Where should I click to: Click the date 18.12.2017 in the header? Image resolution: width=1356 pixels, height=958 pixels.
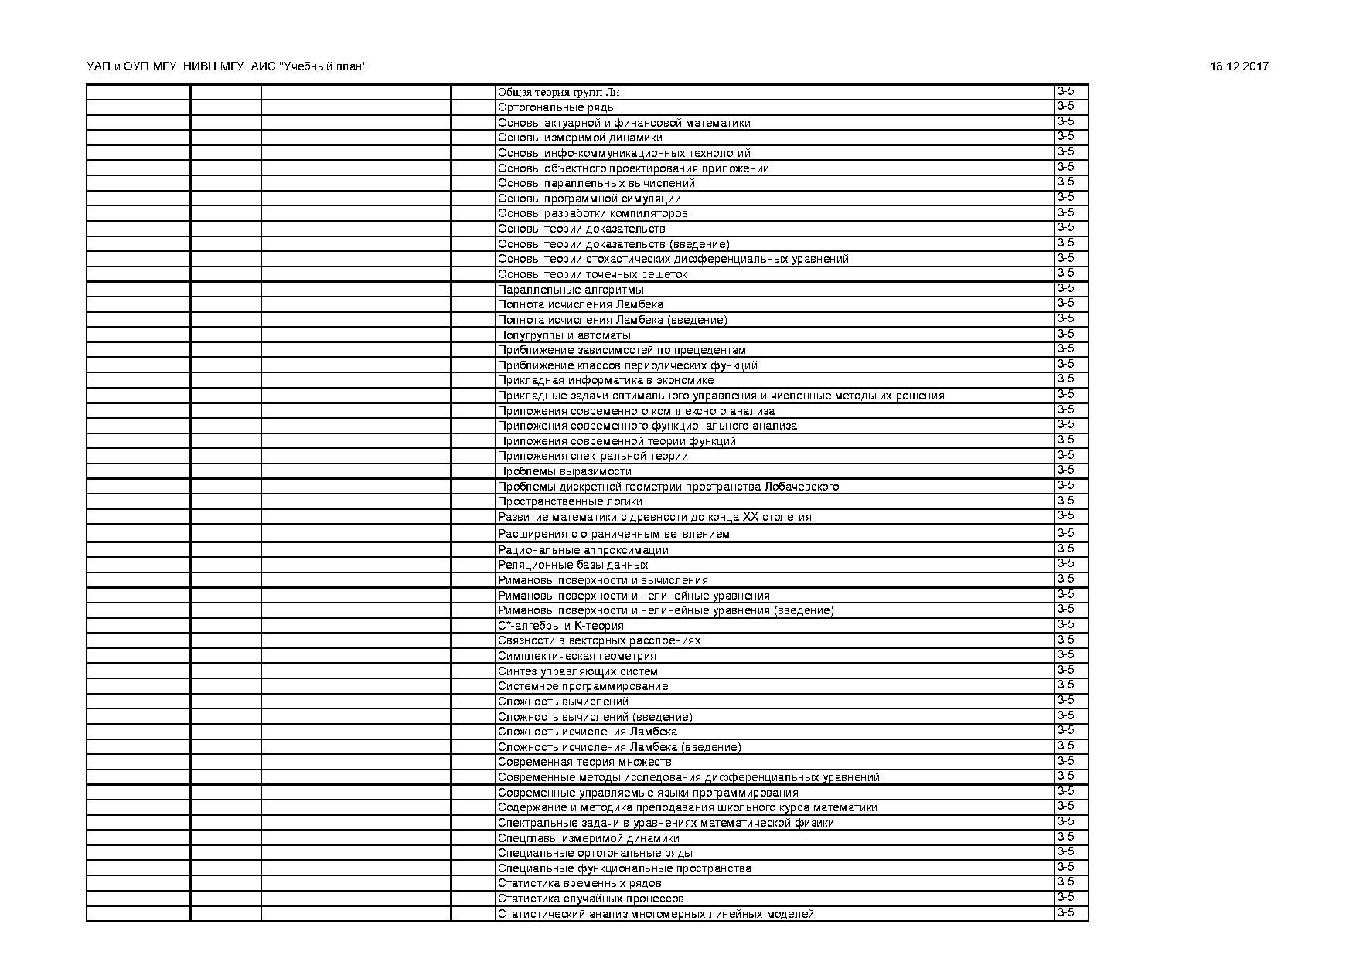coord(1238,66)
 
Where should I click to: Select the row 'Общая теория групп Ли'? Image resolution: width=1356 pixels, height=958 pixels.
coord(558,93)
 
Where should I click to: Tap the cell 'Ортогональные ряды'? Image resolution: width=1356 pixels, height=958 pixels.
coord(557,107)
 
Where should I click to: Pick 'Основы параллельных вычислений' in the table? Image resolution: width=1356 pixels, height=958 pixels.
coord(596,183)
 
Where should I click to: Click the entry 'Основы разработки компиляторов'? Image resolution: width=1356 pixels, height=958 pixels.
coord(592,213)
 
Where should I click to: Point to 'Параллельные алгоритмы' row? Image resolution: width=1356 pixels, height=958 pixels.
coord(571,290)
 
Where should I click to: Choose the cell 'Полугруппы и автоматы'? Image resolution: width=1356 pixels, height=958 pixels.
coord(564,335)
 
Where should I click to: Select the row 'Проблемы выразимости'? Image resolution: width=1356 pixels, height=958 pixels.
coord(564,471)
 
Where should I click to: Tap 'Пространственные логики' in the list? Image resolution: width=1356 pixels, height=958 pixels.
coord(570,501)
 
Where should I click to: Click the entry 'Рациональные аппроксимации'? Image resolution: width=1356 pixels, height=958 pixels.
coord(583,550)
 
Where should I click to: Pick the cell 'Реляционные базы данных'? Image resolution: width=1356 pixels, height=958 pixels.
coord(573,565)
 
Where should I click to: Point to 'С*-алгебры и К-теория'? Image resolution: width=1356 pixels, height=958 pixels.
coord(560,626)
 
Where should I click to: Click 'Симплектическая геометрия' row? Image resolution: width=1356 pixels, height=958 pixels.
coord(577,656)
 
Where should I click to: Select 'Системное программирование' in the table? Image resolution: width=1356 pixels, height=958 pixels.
coord(583,686)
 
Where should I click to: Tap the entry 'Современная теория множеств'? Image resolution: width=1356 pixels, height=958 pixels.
coord(584,762)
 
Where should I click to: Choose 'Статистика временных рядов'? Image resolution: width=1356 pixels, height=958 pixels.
coord(579,883)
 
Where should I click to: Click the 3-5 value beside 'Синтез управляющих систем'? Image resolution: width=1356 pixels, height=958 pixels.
coord(1065,670)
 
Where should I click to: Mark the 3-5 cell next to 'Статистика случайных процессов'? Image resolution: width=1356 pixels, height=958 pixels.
coord(1065,897)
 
